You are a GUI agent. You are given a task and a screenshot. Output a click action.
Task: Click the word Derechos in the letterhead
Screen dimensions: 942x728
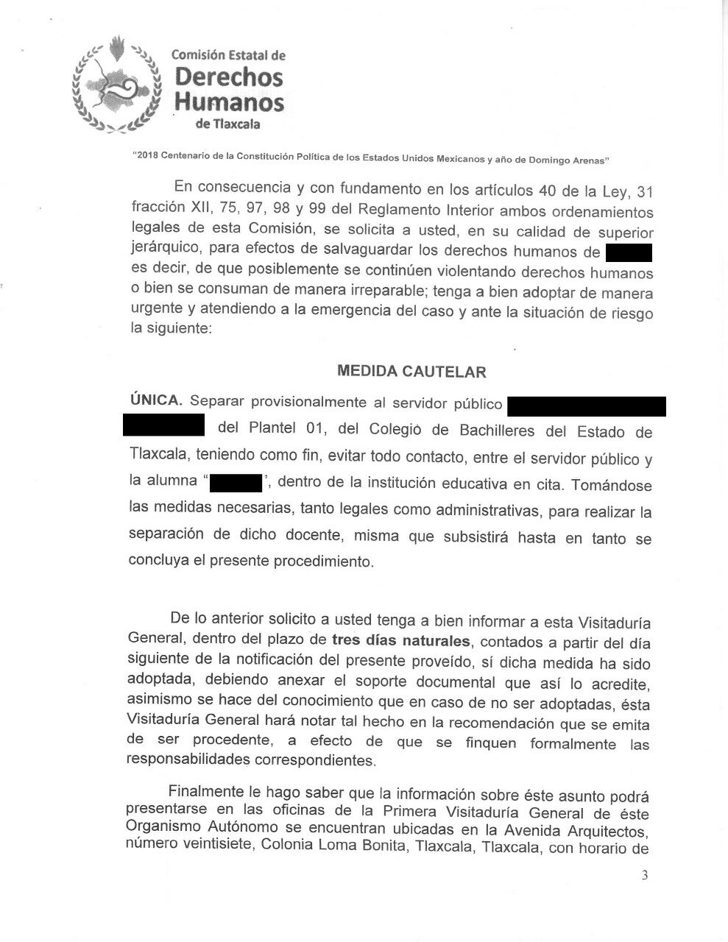pos(227,77)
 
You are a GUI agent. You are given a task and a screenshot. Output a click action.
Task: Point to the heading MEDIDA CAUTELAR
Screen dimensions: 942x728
pos(411,371)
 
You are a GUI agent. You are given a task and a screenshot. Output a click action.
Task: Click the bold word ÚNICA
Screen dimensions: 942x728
pos(155,402)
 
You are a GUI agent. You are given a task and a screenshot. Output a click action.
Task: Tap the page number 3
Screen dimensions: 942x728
pos(646,875)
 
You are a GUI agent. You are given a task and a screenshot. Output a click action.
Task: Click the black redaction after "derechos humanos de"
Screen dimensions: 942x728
pos(629,253)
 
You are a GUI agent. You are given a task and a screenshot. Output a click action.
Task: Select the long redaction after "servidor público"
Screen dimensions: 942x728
pos(587,406)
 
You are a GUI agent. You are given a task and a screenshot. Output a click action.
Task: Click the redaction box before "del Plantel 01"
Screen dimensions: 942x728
pos(163,425)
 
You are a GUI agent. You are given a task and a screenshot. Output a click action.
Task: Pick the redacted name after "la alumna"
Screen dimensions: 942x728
pos(236,483)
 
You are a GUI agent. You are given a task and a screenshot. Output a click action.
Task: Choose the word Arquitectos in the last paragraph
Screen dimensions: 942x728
pos(608,831)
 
